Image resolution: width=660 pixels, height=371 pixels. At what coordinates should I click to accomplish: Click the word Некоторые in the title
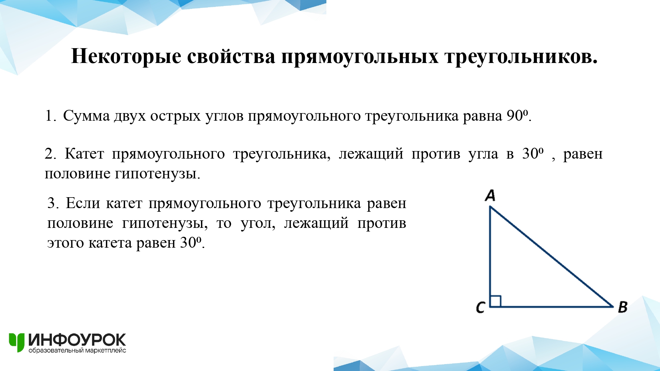(126, 56)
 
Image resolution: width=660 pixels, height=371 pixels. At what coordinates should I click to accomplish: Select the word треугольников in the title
(521, 57)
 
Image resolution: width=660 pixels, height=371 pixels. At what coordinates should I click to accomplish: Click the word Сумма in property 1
(86, 116)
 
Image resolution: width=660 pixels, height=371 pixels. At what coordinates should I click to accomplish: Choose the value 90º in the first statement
(517, 115)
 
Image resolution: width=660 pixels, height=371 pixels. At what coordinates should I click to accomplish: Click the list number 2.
(50, 154)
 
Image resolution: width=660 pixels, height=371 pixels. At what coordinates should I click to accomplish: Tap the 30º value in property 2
(533, 153)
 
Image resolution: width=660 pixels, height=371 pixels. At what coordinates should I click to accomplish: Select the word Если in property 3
(83, 203)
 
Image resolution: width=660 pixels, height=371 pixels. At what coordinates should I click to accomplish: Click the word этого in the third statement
(66, 243)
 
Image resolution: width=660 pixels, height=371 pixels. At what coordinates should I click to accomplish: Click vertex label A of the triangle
(490, 195)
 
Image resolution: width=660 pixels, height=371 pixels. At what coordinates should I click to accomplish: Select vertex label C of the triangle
(480, 307)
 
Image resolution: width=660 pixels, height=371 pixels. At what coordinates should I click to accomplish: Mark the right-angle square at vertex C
(496, 301)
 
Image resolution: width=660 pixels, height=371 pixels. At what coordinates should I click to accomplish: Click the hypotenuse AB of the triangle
(551, 257)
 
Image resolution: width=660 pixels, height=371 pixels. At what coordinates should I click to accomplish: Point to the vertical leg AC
(490, 257)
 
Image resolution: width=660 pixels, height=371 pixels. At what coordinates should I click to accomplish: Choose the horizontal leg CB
(551, 307)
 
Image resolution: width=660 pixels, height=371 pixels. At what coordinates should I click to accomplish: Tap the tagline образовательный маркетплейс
(77, 350)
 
